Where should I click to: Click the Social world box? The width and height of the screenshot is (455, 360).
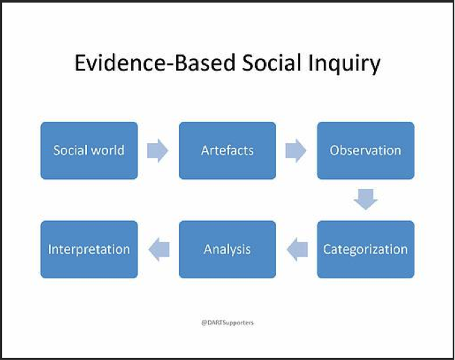tap(89, 150)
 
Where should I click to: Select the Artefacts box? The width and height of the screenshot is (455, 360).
tap(227, 150)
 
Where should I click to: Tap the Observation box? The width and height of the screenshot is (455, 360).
tap(366, 150)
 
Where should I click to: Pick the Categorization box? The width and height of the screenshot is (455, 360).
tap(366, 249)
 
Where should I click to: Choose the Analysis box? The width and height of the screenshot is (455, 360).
tap(227, 249)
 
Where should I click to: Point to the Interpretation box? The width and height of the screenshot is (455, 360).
tap(89, 249)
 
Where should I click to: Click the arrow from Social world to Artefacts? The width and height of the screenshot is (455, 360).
tap(158, 150)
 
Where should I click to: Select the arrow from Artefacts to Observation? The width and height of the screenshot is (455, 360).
tap(296, 150)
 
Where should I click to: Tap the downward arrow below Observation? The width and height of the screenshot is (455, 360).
tap(366, 199)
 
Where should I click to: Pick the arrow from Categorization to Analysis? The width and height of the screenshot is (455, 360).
tap(297, 249)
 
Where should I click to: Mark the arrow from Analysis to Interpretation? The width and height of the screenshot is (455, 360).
tap(159, 249)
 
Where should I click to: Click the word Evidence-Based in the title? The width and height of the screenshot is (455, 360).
tap(155, 63)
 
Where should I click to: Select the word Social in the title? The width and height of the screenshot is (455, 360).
tap(271, 63)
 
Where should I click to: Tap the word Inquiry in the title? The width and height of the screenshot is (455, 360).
tap(344, 65)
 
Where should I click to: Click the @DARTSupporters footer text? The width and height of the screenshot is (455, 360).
tap(227, 323)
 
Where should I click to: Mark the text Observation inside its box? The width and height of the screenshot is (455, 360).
tap(365, 150)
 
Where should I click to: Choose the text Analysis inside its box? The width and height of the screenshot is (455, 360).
tap(227, 250)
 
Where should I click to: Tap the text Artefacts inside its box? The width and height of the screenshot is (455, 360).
tap(227, 150)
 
